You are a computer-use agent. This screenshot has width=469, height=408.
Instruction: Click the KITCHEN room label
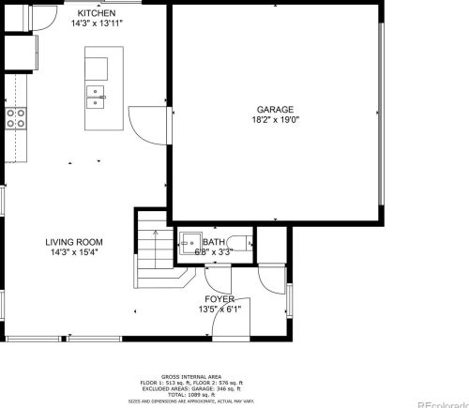[x=97, y=13]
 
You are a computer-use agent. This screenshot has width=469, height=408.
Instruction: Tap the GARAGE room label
[x=276, y=109]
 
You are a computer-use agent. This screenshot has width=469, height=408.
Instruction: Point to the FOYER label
[x=220, y=299]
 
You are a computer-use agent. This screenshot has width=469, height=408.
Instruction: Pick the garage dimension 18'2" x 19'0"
[x=276, y=119]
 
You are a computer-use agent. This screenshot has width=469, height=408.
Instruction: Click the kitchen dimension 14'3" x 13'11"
[x=97, y=23]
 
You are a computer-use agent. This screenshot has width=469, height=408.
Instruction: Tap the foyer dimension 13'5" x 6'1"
[x=220, y=310]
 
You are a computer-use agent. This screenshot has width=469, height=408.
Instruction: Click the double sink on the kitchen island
[x=96, y=93]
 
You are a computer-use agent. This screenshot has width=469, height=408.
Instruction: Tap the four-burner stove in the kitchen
[x=16, y=117]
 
